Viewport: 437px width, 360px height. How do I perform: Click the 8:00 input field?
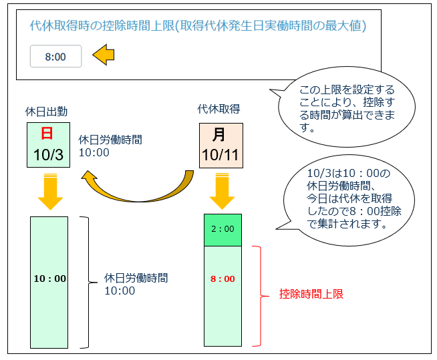55,57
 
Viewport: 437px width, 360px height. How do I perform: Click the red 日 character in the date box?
47,133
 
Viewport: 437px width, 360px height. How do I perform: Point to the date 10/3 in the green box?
47,156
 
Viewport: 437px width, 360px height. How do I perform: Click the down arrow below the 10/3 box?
49,192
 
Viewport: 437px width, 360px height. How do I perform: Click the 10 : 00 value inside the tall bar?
49,279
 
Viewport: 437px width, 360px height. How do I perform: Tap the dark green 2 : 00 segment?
223,229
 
